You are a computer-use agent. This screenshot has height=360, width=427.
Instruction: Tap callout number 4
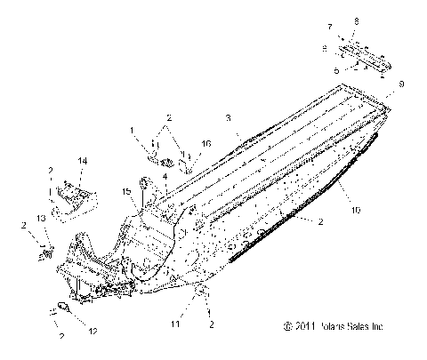coord(164,176)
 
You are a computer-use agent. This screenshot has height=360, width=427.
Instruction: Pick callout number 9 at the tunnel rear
coord(401,84)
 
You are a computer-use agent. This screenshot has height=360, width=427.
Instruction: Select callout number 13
coord(40,220)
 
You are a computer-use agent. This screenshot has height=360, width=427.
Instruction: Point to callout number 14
coord(83,160)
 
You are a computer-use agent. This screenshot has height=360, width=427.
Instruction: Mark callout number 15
coord(126,190)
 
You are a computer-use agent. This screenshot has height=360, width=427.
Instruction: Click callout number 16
coord(207,143)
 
